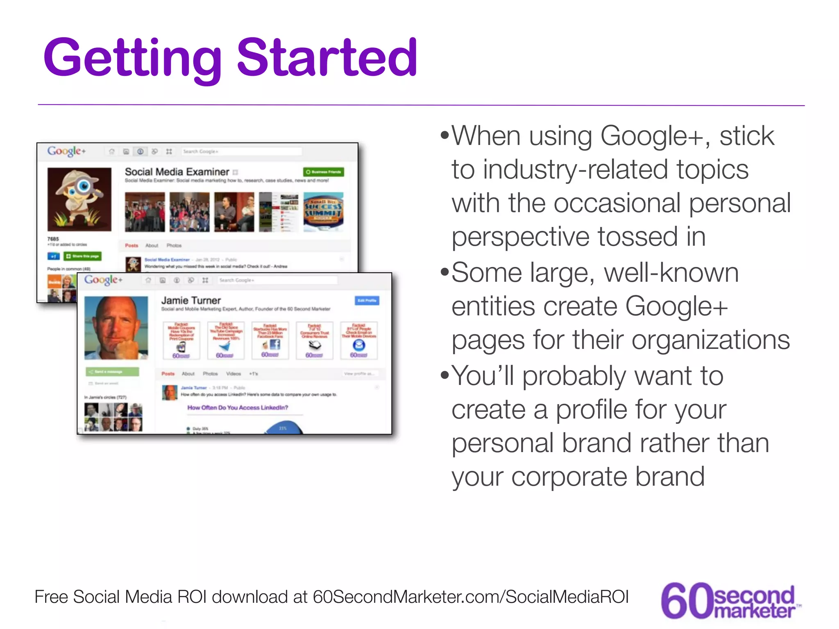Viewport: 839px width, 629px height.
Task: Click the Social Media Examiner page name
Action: pyautogui.click(x=177, y=172)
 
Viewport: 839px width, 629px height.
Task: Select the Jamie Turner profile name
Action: pyautogui.click(x=191, y=300)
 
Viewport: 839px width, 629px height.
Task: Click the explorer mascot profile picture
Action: pyautogui.click(x=79, y=199)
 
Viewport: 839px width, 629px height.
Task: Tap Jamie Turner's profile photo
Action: pyautogui.click(x=116, y=328)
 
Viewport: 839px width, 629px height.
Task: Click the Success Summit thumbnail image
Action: pyautogui.click(x=323, y=212)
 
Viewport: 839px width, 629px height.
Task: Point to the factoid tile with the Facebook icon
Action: pyautogui.click(x=270, y=340)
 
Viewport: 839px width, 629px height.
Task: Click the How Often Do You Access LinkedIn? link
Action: pyautogui.click(x=238, y=407)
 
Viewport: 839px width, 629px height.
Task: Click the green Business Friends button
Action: pyautogui.click(x=324, y=172)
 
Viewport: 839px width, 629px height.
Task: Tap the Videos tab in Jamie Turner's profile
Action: pyautogui.click(x=234, y=373)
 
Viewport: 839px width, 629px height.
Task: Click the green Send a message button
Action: pyautogui.click(x=112, y=371)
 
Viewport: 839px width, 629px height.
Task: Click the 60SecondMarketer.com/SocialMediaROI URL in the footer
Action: pyautogui.click(x=470, y=597)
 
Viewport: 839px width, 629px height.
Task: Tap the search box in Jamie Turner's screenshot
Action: pyautogui.click(x=278, y=280)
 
